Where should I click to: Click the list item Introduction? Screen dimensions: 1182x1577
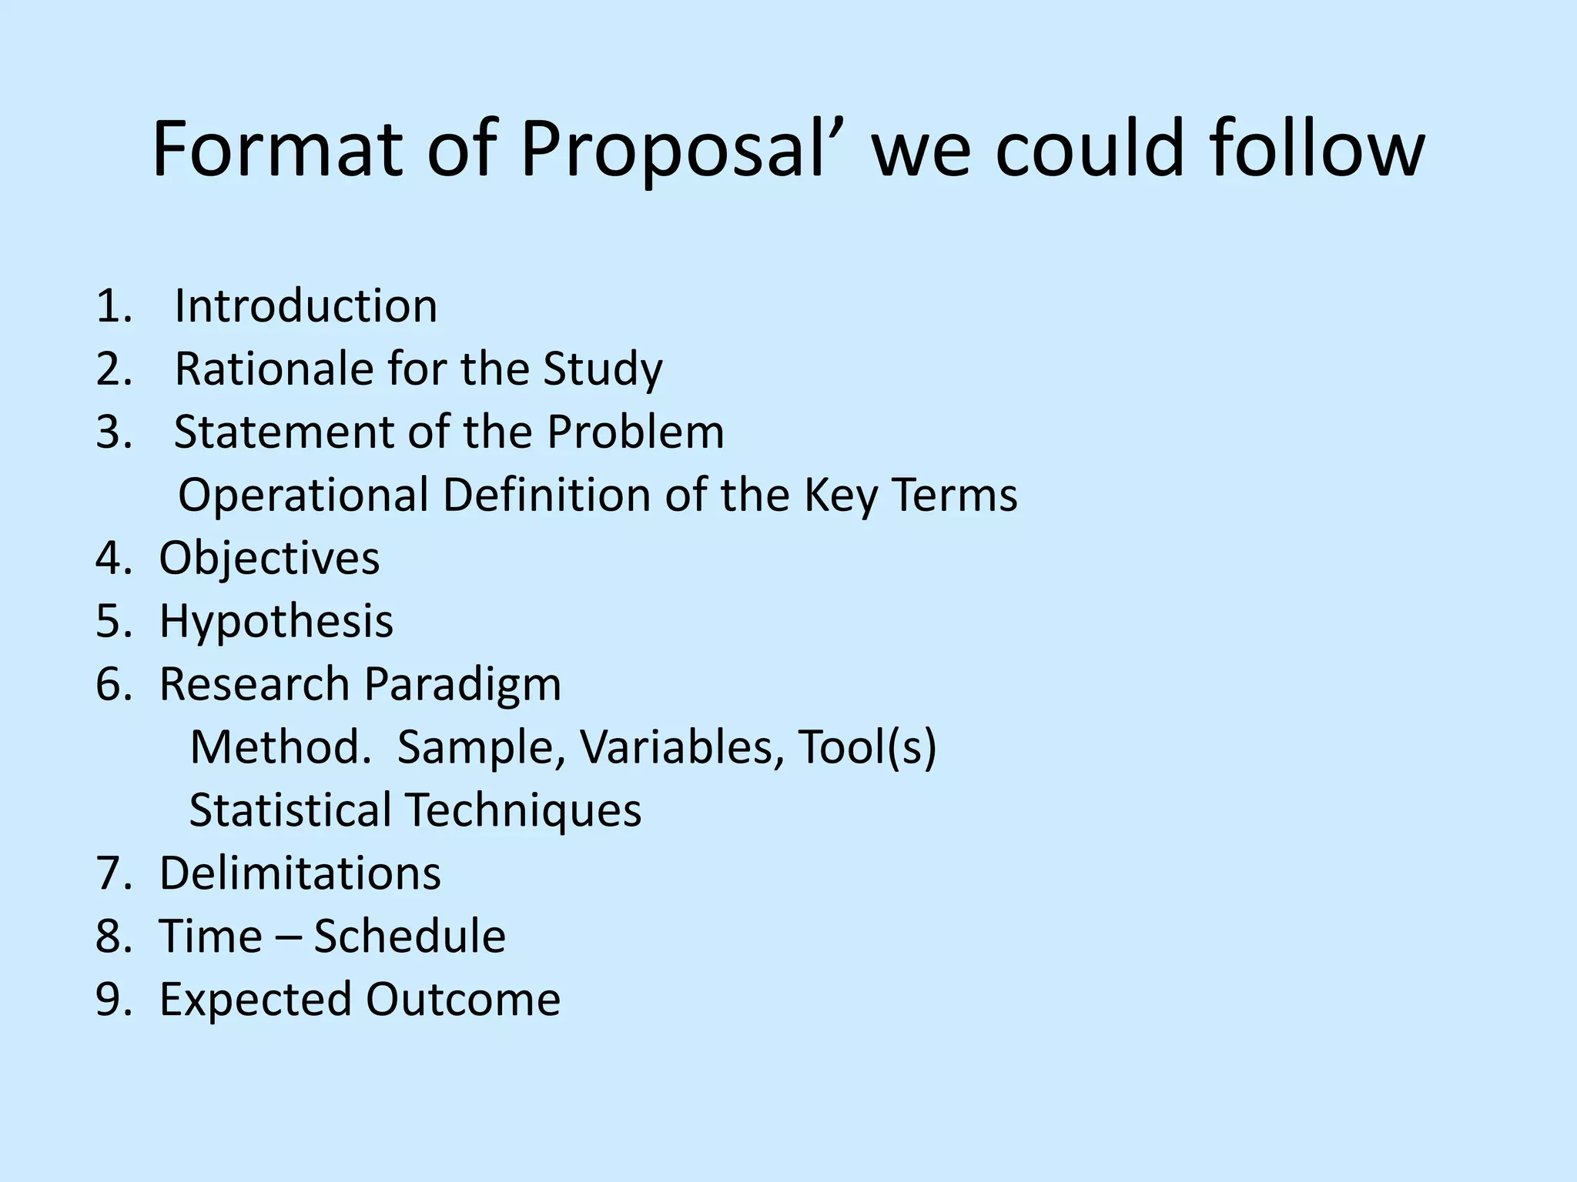(x=306, y=306)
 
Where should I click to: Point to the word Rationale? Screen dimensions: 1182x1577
(x=274, y=369)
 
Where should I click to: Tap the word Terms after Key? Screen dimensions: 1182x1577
(x=955, y=495)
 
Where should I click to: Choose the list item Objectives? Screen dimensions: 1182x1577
(x=270, y=558)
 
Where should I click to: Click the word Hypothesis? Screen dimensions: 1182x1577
(x=276, y=621)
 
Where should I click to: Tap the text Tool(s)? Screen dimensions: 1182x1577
(x=867, y=747)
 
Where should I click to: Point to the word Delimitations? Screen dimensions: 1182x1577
(x=300, y=873)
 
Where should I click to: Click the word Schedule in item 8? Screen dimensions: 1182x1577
(x=410, y=937)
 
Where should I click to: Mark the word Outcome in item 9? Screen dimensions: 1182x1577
(x=463, y=1000)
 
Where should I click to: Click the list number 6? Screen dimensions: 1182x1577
(x=113, y=684)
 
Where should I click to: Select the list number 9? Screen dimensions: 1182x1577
(x=113, y=1000)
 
